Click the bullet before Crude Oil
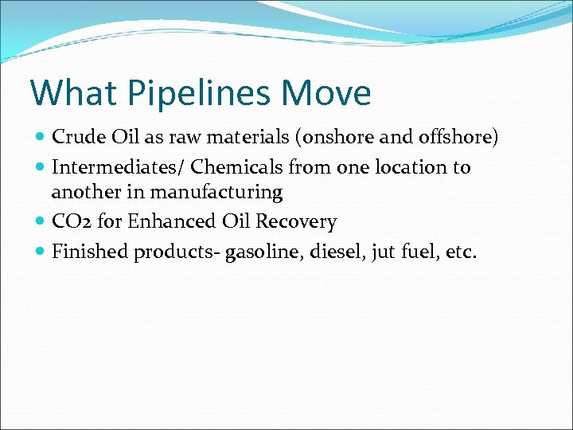41,138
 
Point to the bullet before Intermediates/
41,168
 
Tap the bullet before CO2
41,222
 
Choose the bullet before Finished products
41,252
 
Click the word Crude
76,137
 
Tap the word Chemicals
225,167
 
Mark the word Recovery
298,222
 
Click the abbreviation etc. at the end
459,252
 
